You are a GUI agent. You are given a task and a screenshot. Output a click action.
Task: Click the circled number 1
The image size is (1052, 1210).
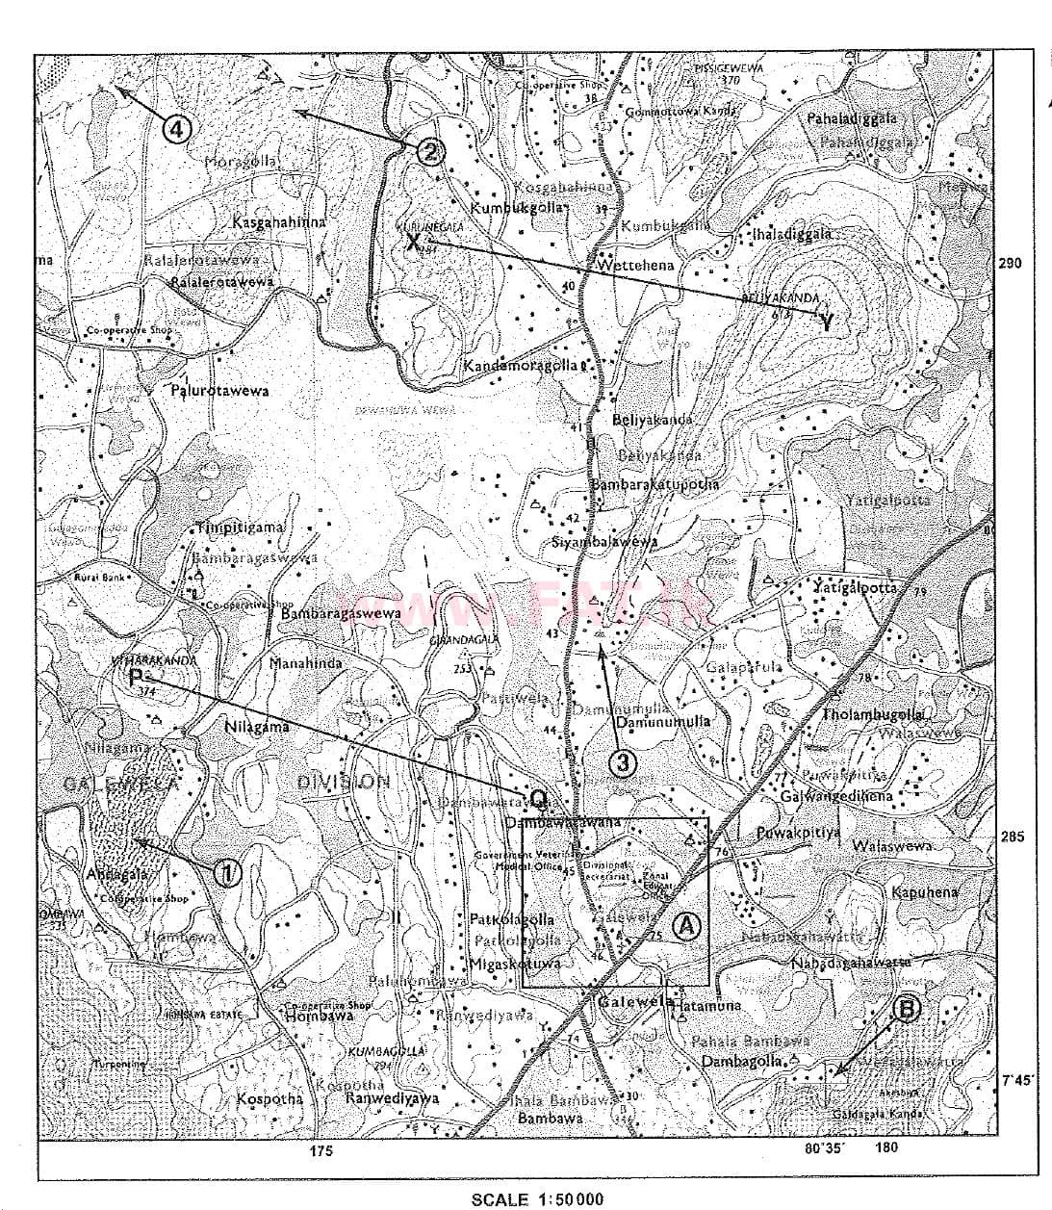coord(226,872)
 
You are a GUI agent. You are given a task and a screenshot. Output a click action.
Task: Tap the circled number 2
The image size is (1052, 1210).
coord(430,150)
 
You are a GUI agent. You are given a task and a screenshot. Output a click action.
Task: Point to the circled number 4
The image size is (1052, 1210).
coord(179,128)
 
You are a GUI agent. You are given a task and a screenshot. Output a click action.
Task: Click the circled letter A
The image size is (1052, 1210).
coord(684,925)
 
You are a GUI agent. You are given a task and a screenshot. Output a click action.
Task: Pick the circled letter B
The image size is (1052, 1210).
coord(907,1008)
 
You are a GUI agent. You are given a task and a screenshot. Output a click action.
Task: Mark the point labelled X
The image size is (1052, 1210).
coord(413,242)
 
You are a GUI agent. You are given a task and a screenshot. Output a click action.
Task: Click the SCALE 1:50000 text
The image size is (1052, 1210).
coord(538,1198)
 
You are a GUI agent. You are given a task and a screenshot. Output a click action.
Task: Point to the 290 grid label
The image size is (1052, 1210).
coord(1010,263)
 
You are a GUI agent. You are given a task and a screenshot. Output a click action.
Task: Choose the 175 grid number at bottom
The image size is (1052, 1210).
coord(321,1151)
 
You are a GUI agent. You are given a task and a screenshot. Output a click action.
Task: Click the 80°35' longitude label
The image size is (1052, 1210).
coord(825,1147)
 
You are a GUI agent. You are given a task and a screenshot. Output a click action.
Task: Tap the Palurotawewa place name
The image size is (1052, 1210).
coord(220,391)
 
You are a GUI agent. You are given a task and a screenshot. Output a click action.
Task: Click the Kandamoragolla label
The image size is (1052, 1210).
coord(521,366)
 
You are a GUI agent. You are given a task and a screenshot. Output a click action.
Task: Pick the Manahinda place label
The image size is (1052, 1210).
coord(306,663)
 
